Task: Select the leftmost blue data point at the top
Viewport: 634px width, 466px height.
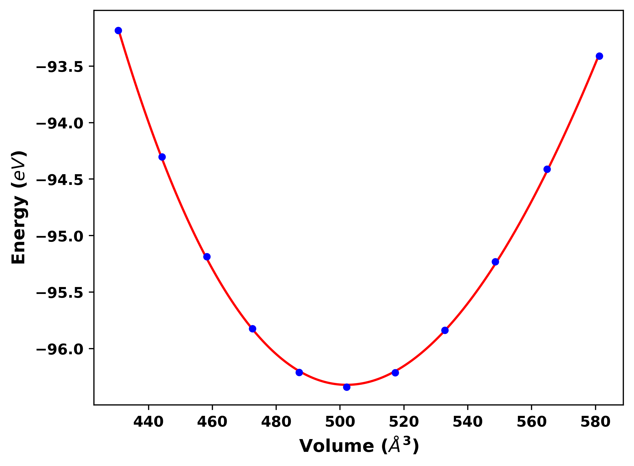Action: pos(118,30)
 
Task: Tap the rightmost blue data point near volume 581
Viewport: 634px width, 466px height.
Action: pos(599,56)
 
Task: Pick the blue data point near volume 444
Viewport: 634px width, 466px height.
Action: pos(162,157)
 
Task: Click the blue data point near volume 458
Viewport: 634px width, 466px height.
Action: pos(207,257)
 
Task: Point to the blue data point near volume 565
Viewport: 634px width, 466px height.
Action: pos(547,169)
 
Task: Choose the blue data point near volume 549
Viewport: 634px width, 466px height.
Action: pos(495,262)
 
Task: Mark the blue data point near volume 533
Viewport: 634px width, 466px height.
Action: pos(445,330)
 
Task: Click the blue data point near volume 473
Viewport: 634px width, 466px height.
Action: pos(252,329)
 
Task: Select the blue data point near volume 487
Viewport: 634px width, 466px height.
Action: pos(299,372)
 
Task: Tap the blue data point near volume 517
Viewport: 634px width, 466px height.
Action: pos(395,373)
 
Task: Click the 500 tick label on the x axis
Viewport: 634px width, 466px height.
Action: pos(340,422)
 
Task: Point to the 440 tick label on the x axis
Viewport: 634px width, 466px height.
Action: pos(148,422)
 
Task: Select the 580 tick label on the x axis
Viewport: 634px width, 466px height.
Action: pos(595,422)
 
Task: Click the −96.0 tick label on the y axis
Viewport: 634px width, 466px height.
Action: pos(60,349)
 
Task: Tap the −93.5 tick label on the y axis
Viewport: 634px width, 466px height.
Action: pos(60,67)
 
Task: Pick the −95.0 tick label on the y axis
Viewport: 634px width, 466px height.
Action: pos(60,236)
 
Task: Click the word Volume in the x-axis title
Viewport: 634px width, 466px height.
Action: pos(336,446)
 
